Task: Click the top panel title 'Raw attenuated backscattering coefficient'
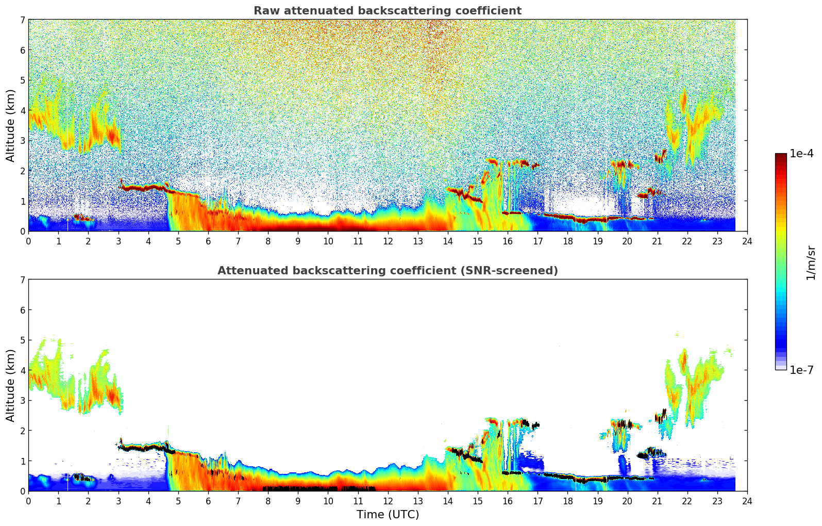(388, 11)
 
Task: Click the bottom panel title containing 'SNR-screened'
(388, 271)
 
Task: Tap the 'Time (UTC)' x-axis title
(388, 514)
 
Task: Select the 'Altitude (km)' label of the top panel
(11, 125)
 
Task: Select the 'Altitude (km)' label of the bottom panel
(11, 385)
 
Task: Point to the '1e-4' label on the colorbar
(801, 154)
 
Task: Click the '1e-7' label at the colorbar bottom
(801, 370)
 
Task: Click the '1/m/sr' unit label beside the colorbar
(811, 262)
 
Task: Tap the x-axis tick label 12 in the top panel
(388, 241)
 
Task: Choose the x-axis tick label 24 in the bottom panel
(747, 501)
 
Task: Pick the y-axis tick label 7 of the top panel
(22, 20)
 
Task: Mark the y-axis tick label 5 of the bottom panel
(22, 340)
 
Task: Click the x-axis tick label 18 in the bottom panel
(567, 501)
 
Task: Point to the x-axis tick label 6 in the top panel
(208, 241)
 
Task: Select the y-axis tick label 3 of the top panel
(22, 141)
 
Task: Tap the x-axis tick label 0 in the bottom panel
(28, 501)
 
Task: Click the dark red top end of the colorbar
(781, 156)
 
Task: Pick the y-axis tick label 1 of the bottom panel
(22, 461)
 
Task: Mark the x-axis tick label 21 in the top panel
(657, 241)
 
